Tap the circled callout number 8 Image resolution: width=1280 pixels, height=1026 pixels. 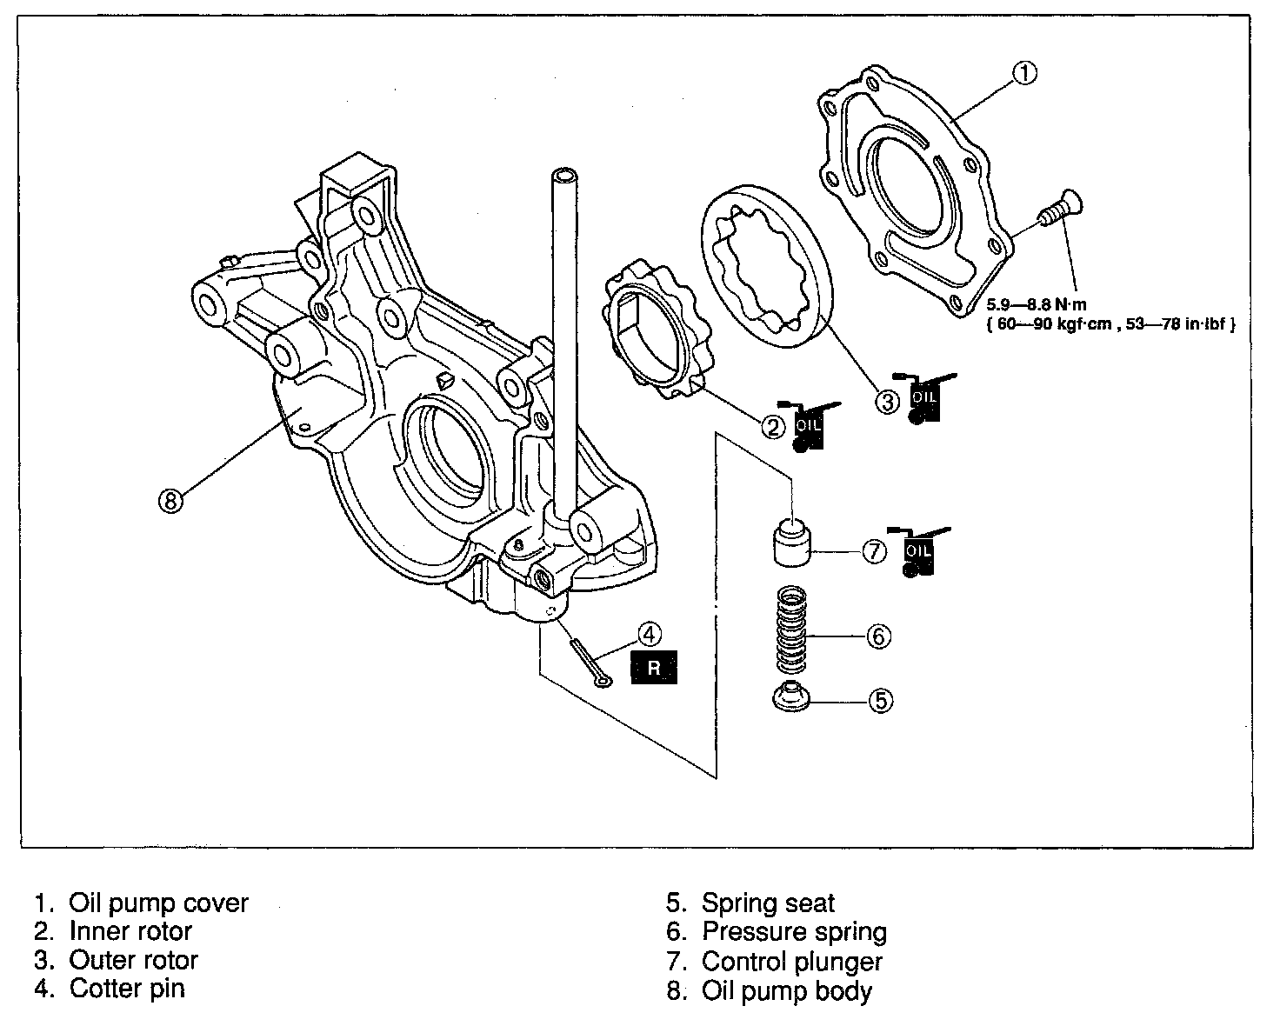coord(171,500)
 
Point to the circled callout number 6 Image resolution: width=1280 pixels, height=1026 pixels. coord(879,636)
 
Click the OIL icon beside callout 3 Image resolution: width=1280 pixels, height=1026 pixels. coord(923,399)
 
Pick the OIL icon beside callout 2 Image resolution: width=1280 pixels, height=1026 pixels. coord(808,426)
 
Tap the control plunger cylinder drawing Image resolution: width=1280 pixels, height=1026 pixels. coord(791,540)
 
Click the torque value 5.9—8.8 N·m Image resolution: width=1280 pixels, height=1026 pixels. coord(1036,305)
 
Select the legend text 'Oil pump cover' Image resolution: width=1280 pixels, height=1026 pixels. coord(158,903)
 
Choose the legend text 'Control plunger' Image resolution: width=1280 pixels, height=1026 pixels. coord(791,962)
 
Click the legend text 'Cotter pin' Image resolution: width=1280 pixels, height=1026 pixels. coord(127,989)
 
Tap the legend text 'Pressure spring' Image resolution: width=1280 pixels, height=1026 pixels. coord(794,932)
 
